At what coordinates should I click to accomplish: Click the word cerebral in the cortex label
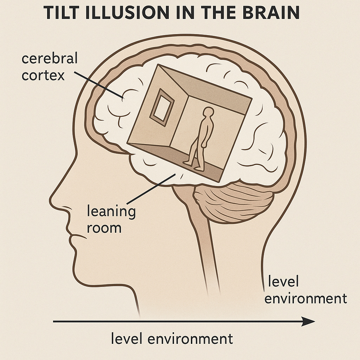pyautogui.click(x=49, y=59)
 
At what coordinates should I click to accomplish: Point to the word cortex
pyautogui.click(x=43, y=75)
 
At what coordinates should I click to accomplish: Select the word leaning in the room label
pyautogui.click(x=111, y=213)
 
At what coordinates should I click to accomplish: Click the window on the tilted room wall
pyautogui.click(x=162, y=107)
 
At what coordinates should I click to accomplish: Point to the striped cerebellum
pyautogui.click(x=234, y=204)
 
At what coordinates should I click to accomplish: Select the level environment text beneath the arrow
pyautogui.click(x=172, y=339)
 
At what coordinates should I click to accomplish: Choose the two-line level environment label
pyautogui.click(x=305, y=290)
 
